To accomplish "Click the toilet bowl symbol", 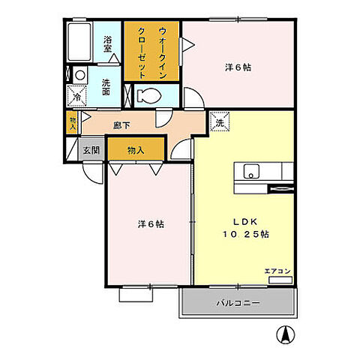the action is tap(149, 95).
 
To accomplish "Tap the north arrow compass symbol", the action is tap(285, 334).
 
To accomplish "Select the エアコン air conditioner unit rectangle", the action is tap(280, 280).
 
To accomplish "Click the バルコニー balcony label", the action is tap(238, 303).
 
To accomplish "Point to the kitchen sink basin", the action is tap(251, 171).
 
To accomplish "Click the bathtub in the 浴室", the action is tap(79, 42).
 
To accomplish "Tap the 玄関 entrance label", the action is tap(91, 150).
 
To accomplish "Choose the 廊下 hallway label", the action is tap(121, 125).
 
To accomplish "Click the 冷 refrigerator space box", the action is tap(77, 96).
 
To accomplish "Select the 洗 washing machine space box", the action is tap(220, 121).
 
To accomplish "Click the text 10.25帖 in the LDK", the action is tap(245, 235).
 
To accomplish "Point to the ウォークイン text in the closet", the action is tap(162, 52).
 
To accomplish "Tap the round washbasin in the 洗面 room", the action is tap(80, 75).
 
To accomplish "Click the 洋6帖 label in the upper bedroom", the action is tap(238, 67).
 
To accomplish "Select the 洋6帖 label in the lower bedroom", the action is tap(151, 224).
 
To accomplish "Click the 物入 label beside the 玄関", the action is tap(136, 150).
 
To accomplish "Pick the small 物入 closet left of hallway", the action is tap(73, 123).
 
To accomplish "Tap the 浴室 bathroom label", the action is tap(107, 44).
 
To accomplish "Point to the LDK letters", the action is tap(245, 222).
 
